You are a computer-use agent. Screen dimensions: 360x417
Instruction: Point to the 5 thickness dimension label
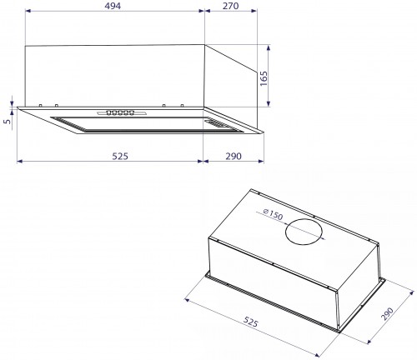point(7,123)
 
